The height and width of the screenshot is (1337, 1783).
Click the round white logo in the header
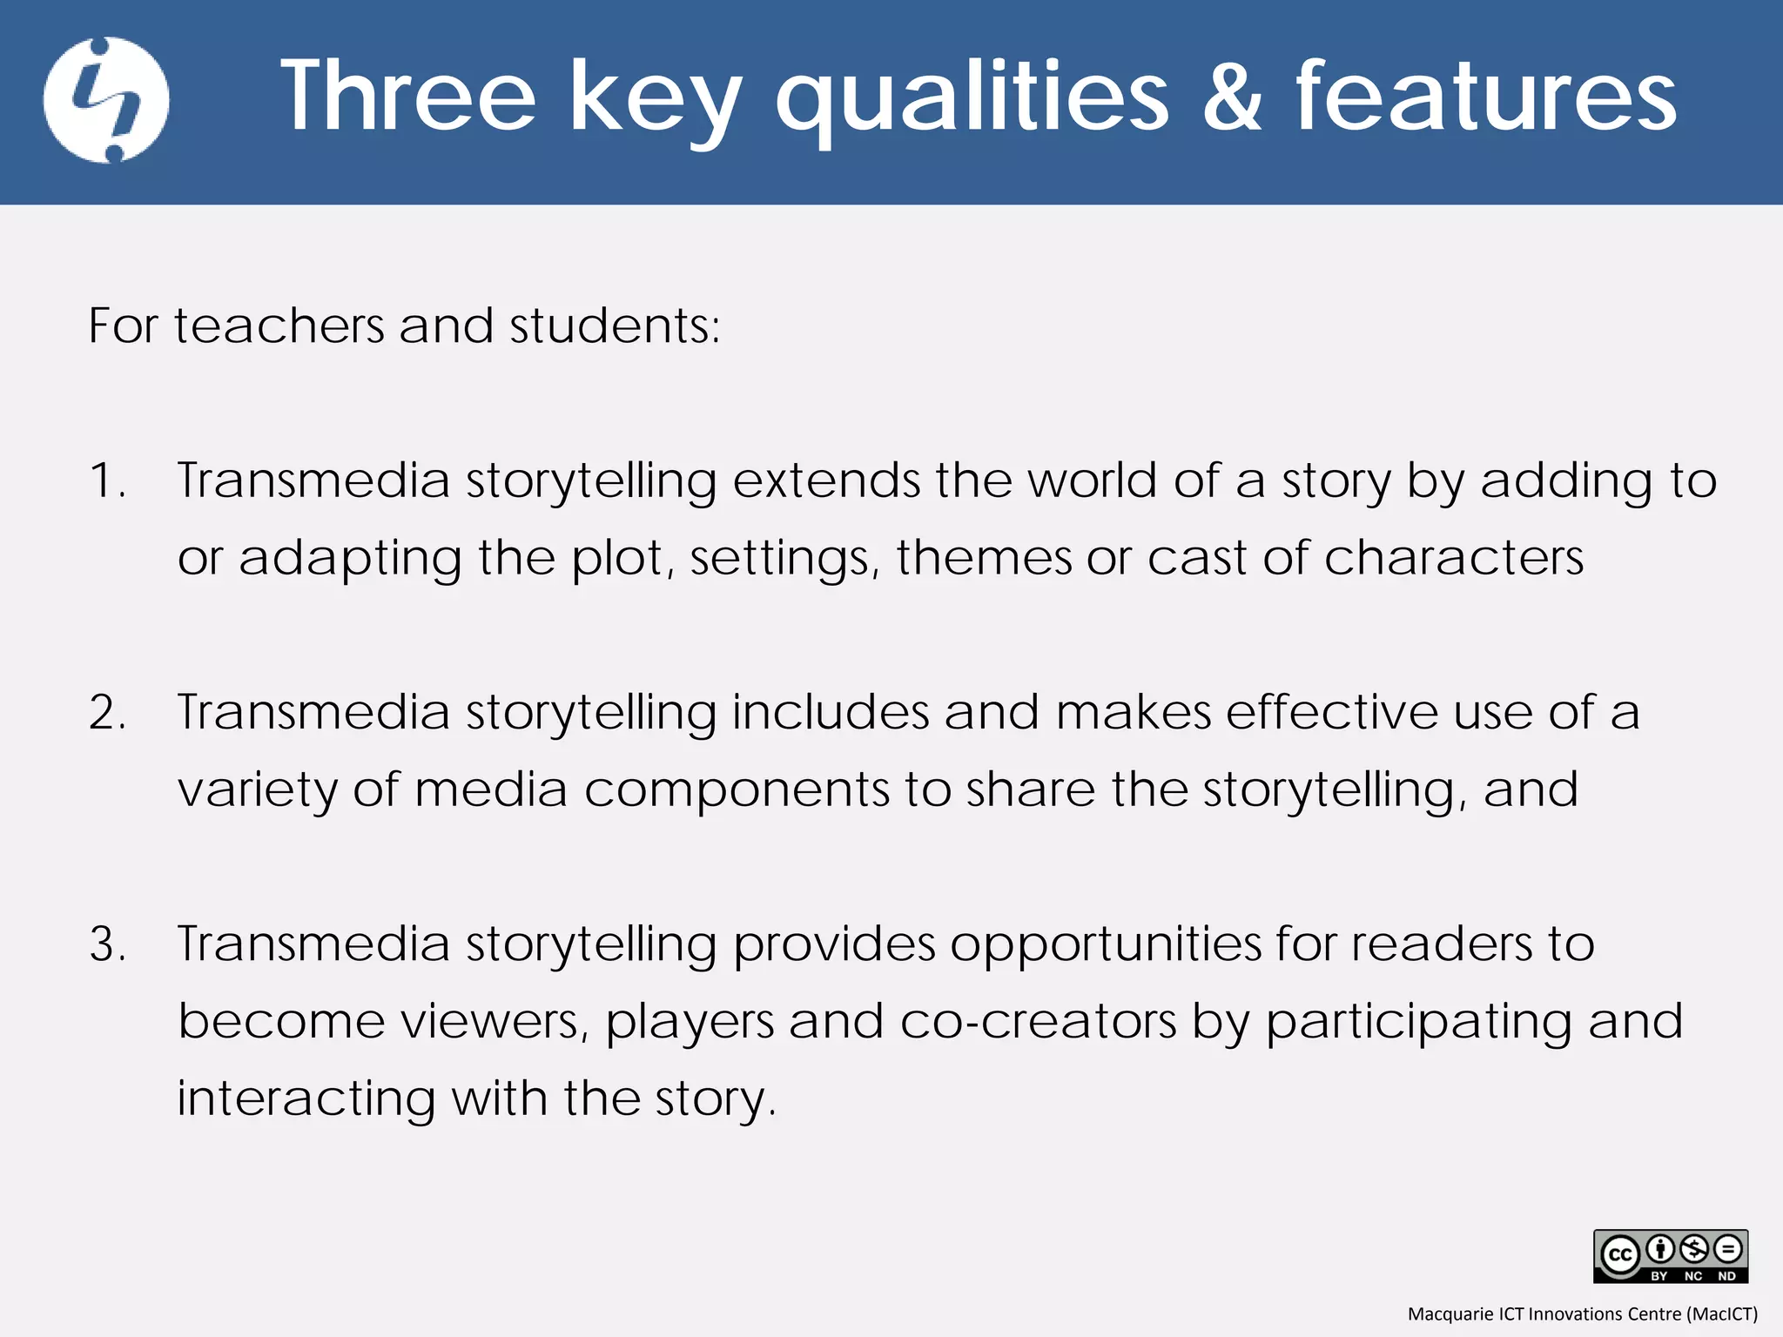tap(106, 100)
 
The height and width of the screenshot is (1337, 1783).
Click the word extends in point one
tap(825, 481)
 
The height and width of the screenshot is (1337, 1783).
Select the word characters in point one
tap(1453, 558)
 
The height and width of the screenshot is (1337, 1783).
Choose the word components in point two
tap(737, 790)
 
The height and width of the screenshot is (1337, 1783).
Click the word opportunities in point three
tap(1105, 945)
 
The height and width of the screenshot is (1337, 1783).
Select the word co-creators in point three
tap(1038, 1022)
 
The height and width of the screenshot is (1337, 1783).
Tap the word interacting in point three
tap(306, 1098)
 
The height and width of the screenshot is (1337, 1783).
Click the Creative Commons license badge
tap(1670, 1256)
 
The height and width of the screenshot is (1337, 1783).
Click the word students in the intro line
tap(614, 326)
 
